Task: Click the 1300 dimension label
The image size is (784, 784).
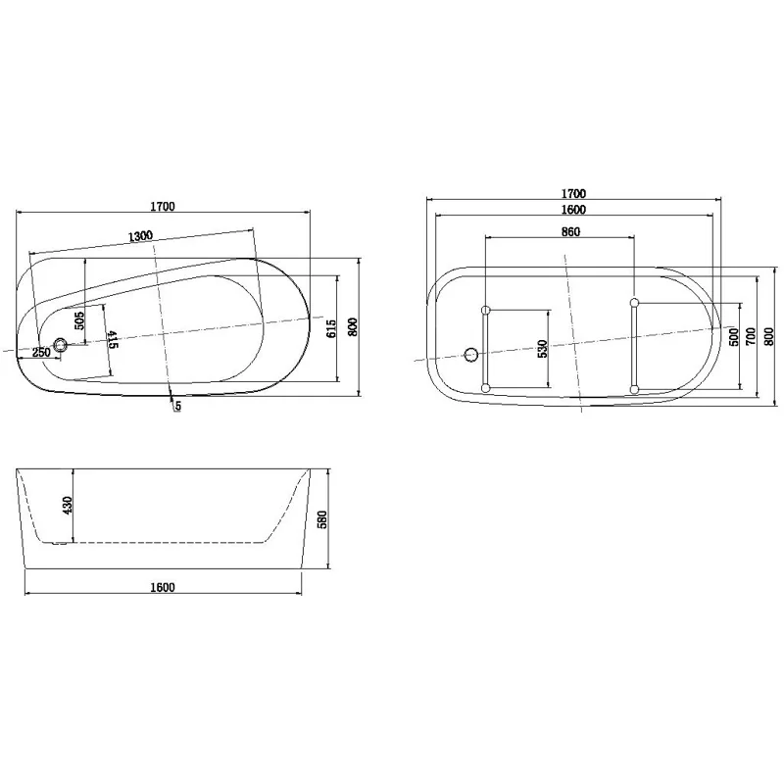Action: pos(140,236)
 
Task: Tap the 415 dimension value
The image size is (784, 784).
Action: pos(113,340)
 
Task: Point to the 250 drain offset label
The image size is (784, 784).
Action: pos(41,353)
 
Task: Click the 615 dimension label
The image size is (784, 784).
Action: pos(331,327)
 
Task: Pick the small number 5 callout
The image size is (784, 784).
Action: pos(177,407)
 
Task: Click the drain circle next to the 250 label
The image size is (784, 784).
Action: pos(61,345)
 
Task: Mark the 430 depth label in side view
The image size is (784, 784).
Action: pos(68,505)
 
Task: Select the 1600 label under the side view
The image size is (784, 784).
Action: pos(163,588)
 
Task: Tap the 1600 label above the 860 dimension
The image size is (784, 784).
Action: pos(573,210)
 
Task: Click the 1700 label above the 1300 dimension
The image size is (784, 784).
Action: pos(163,207)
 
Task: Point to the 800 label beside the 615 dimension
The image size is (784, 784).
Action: pos(352,327)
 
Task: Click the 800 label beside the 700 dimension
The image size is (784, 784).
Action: pos(768,334)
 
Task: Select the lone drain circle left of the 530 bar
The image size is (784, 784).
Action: pos(469,354)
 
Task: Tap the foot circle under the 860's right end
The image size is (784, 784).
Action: pos(635,302)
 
